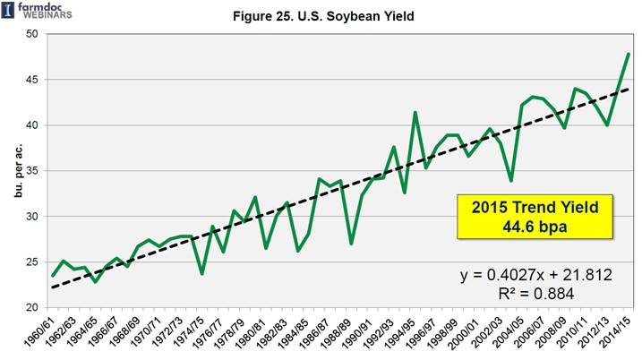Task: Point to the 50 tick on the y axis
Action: [x=31, y=34]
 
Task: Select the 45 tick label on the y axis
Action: [x=31, y=80]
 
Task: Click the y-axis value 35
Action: [x=31, y=171]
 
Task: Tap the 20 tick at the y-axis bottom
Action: [x=31, y=307]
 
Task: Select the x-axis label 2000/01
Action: [x=468, y=333]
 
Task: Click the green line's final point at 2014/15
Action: [x=629, y=55]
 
